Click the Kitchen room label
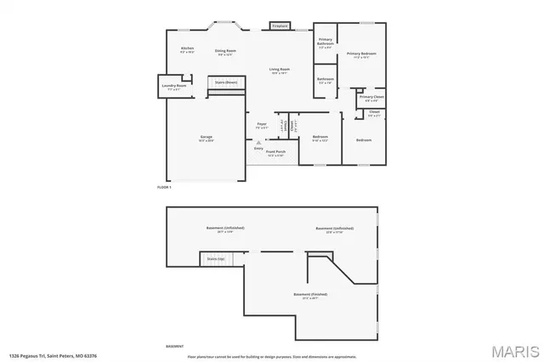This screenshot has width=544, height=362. [x=188, y=49]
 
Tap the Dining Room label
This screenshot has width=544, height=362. [x=225, y=52]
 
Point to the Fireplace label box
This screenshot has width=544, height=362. [x=280, y=26]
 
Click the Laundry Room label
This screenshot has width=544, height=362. [x=174, y=85]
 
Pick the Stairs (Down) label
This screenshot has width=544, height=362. [x=225, y=82]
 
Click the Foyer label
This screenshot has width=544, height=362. [x=263, y=126]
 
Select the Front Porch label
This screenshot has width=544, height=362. [x=275, y=153]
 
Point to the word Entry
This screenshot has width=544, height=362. [x=258, y=148]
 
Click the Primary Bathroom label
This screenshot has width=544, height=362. [x=326, y=42]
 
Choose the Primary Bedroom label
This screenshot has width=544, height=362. [x=361, y=55]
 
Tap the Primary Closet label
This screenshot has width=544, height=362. [x=371, y=98]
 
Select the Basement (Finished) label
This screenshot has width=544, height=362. [x=310, y=296]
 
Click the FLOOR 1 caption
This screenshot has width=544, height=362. [x=165, y=186]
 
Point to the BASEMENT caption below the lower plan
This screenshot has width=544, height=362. [x=174, y=347]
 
